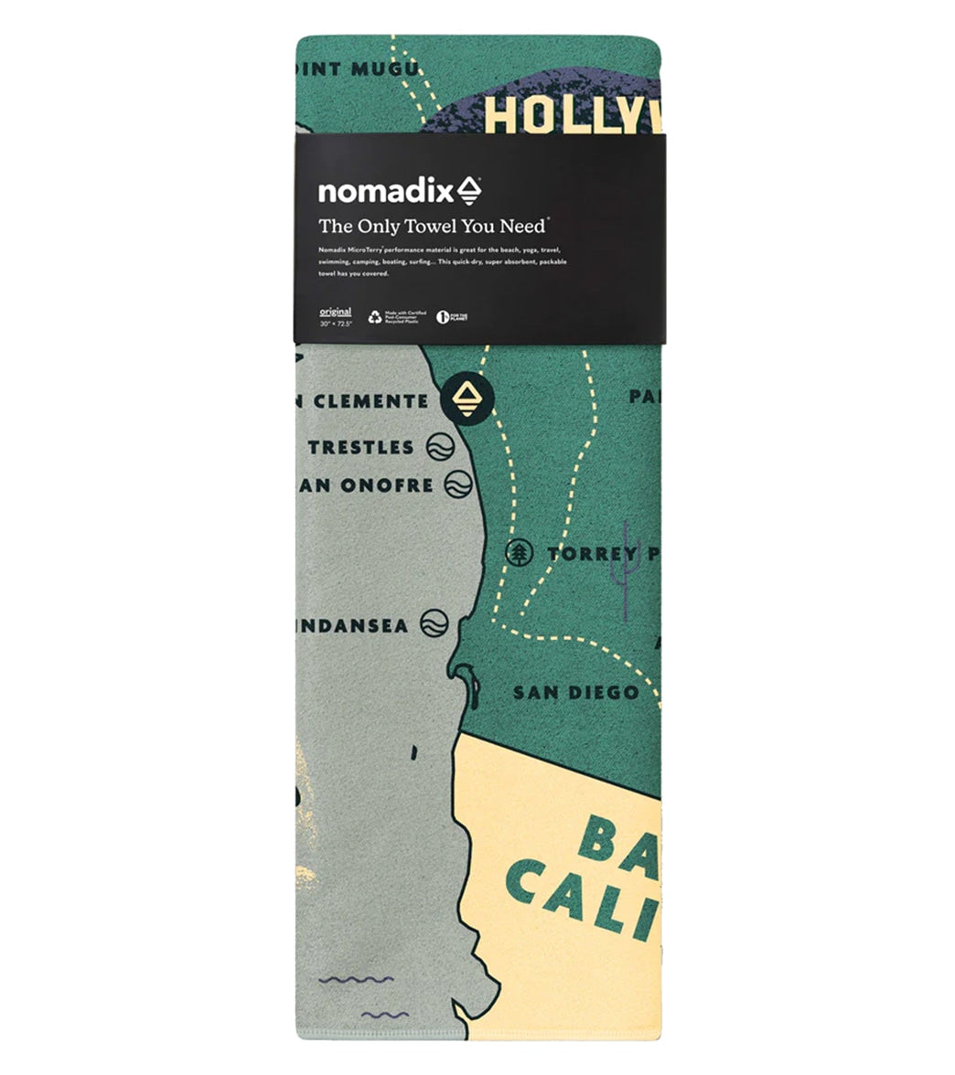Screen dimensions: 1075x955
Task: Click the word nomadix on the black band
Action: (385, 192)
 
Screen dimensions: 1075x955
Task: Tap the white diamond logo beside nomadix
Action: (469, 190)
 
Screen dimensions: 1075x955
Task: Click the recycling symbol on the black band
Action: (375, 317)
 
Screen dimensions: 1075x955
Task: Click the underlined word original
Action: (334, 312)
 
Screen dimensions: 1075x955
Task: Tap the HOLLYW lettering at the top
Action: (571, 115)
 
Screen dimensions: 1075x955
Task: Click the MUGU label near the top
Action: (385, 69)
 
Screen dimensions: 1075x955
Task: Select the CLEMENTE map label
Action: (370, 401)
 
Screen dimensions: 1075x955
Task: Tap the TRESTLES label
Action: (360, 448)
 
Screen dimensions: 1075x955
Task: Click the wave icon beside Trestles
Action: (440, 447)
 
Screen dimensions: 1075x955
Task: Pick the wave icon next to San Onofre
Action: (457, 484)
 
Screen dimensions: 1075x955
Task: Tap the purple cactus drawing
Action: (626, 567)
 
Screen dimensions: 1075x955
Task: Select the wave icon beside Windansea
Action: (435, 624)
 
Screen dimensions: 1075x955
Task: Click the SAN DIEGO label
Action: (575, 692)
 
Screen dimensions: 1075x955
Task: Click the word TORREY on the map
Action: (592, 553)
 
